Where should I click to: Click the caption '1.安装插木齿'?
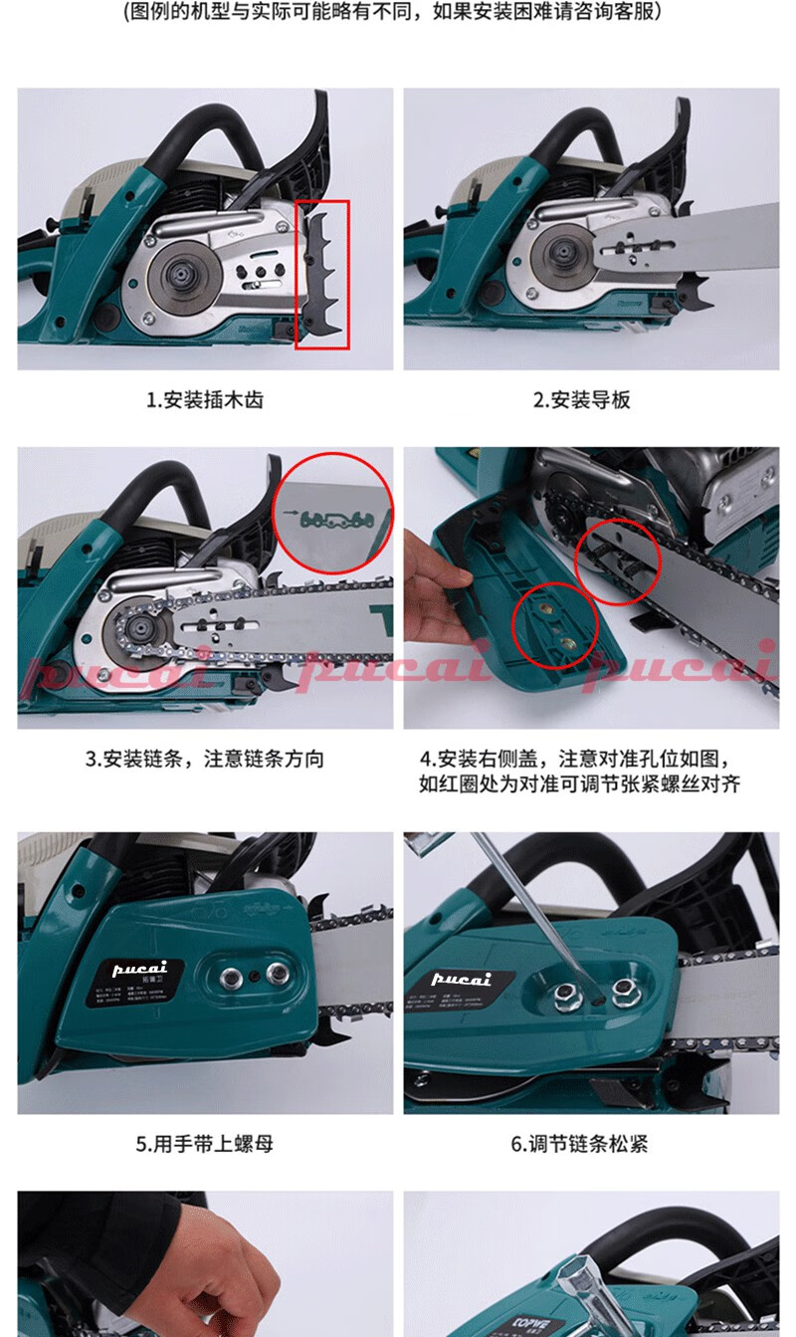[205, 400]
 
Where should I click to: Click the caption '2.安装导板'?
[582, 400]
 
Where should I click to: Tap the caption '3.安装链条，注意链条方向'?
[205, 759]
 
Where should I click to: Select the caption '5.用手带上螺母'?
[205, 1144]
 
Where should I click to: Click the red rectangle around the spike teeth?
[322, 274]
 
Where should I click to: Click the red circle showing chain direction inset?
[332, 512]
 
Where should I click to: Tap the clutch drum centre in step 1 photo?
[184, 272]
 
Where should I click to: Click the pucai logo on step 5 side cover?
[140, 967]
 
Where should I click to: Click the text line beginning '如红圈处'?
[580, 783]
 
